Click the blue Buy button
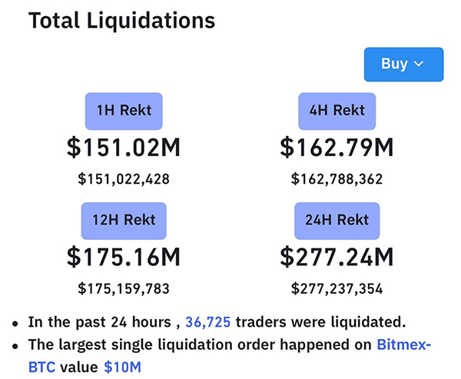[403, 65]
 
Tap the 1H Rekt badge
[124, 111]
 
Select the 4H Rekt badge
[337, 111]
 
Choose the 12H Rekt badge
[124, 221]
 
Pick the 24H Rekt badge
[337, 221]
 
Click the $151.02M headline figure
[124, 147]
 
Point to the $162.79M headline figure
[337, 147]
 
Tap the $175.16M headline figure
[124, 257]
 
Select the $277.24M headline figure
[337, 257]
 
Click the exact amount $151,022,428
[124, 179]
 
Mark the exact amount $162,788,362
[337, 179]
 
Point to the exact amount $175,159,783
[124, 289]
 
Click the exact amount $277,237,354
[337, 289]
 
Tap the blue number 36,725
[207, 322]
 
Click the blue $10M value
[122, 367]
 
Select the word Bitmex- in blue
[404, 344]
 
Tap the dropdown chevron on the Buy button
[419, 65]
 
